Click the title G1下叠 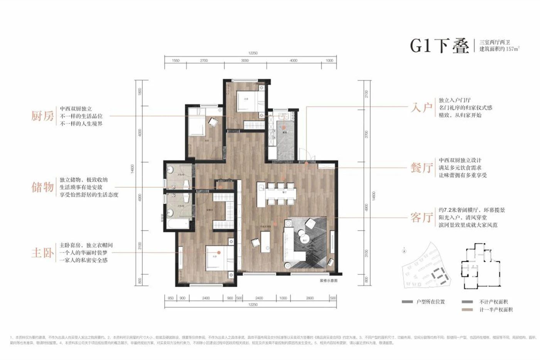[x=439, y=46]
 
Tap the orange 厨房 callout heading [x=42, y=116]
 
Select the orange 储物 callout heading [x=42, y=187]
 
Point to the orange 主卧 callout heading [x=42, y=253]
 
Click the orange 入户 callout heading [x=421, y=107]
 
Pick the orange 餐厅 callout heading [x=421, y=168]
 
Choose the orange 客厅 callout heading [x=421, y=218]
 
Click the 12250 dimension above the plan [x=253, y=53]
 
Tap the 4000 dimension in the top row [x=294, y=61]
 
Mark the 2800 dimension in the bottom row [x=310, y=298]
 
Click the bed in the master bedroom [x=219, y=257]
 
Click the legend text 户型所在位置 [x=430, y=301]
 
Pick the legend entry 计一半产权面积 [x=496, y=309]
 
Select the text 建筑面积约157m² [x=499, y=49]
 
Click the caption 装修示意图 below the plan [x=328, y=281]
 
